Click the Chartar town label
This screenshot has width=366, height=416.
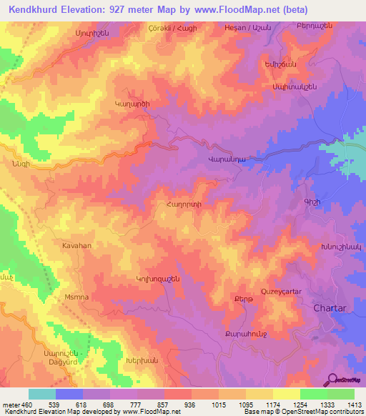330,308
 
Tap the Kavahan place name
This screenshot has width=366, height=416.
75,244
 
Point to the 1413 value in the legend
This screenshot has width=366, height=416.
353,405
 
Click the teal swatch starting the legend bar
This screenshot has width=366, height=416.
42,394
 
